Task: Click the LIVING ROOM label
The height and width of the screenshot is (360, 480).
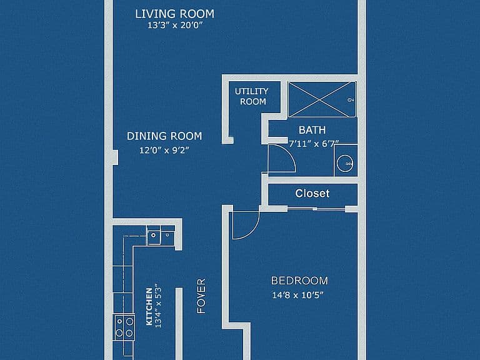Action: point(175,14)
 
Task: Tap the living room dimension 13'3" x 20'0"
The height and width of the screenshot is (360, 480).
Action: point(176,26)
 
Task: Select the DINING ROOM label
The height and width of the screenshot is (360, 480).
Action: point(164,136)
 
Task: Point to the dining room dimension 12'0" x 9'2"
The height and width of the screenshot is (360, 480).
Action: point(164,150)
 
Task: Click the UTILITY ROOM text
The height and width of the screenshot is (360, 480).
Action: point(252,96)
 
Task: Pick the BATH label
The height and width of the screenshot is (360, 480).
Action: point(312,130)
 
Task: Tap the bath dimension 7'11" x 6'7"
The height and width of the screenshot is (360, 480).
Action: point(314,144)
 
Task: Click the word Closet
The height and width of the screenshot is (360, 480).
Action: point(312,194)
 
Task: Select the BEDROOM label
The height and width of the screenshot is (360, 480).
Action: point(299,281)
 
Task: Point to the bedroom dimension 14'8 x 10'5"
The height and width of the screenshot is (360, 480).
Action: point(298,295)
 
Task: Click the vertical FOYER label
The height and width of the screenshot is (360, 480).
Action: point(201,296)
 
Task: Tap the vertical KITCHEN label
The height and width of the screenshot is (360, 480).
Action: point(149,306)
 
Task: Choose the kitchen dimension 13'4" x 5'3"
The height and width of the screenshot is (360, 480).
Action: point(158,306)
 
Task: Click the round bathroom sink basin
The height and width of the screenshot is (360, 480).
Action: point(345,163)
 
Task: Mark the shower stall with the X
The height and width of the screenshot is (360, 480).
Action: point(322,99)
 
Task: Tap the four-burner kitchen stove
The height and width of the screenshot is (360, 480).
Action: point(124,327)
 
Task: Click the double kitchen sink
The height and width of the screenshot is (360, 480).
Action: point(161,236)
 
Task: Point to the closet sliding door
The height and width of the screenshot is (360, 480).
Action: point(316,209)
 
